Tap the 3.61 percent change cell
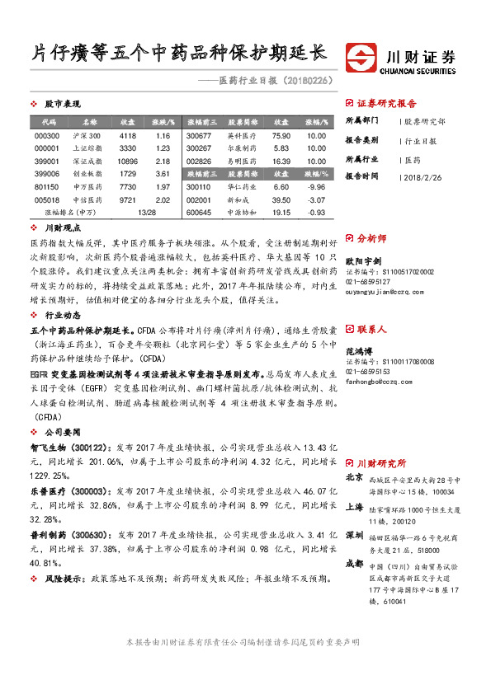pos(162,174)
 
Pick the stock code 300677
pos(199,135)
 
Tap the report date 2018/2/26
pos(425,176)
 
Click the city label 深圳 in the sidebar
pos(353,534)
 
